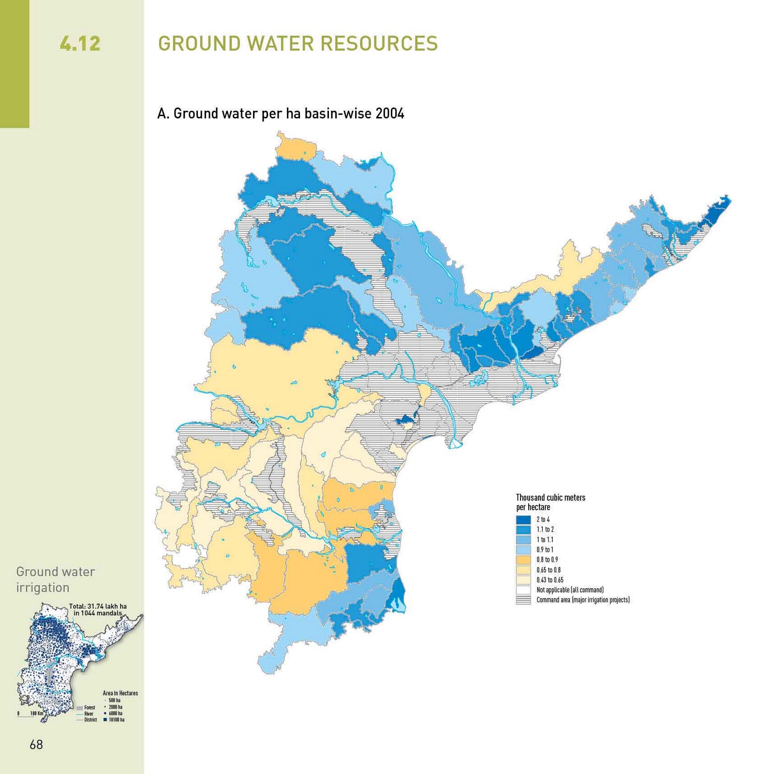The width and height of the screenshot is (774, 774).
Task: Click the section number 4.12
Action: pos(80,44)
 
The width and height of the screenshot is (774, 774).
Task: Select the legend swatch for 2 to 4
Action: pos(523,520)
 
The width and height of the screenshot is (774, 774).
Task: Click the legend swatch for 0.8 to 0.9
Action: pos(523,560)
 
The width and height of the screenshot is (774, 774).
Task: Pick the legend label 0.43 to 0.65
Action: pos(550,580)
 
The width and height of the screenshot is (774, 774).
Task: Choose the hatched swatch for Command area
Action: pos(523,600)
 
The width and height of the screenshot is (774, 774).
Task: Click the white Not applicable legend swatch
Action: pos(523,590)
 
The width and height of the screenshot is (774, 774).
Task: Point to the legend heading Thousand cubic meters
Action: pos(551,498)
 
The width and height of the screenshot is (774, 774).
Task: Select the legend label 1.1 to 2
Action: pos(545,530)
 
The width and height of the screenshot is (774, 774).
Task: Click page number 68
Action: pos(36,744)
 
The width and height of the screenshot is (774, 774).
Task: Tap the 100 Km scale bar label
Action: pos(37,714)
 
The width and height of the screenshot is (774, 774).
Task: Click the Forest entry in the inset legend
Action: pos(89,707)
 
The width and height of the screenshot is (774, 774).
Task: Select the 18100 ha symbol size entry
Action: pos(115,720)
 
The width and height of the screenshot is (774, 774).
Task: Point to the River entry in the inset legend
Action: pos(89,714)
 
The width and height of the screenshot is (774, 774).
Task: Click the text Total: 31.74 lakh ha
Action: pos(98,606)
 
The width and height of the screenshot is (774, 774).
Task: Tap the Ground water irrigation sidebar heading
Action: pos(55,580)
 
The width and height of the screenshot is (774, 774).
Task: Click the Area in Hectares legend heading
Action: pos(120,693)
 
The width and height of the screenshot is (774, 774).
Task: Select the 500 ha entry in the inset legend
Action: pos(114,700)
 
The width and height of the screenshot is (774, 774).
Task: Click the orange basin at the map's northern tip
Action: pos(295,148)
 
